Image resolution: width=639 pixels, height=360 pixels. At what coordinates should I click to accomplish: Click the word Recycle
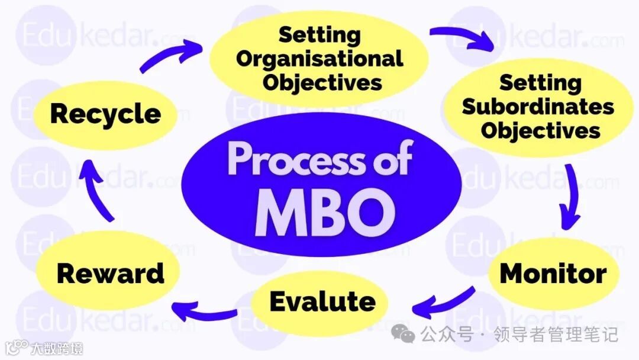(105, 114)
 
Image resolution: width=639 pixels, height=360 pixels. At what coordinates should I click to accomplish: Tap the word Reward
(110, 274)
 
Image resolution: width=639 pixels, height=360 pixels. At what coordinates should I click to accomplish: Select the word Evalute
(322, 302)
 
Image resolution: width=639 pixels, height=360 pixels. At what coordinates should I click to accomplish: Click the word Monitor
(553, 274)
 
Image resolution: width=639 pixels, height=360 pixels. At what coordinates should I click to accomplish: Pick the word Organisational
(320, 59)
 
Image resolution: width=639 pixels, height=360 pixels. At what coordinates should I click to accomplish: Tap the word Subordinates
(538, 107)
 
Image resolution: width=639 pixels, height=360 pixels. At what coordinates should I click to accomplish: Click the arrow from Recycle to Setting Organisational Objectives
(168, 56)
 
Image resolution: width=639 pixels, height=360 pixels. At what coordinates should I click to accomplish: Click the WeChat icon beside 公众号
(406, 336)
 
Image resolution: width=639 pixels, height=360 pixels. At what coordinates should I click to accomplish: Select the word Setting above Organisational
(319, 35)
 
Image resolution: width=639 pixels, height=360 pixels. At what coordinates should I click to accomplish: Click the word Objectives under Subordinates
(540, 130)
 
